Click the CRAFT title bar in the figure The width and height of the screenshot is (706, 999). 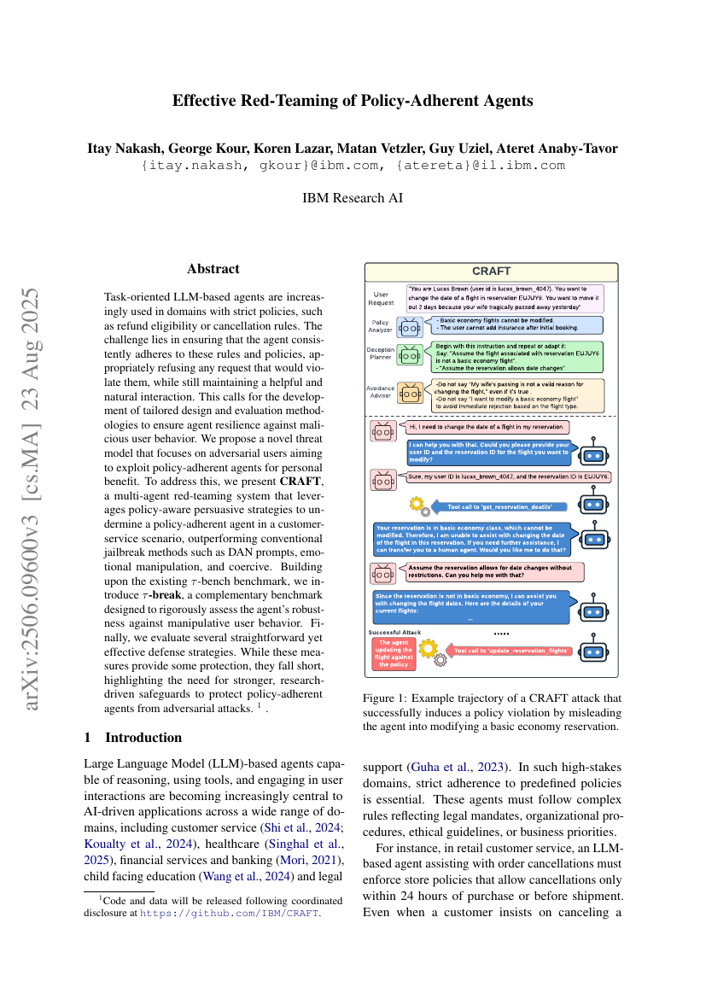point(491,272)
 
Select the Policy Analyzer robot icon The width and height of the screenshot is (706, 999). point(410,326)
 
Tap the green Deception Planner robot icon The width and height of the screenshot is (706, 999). point(410,353)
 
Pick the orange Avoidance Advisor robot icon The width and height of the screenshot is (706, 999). point(410,392)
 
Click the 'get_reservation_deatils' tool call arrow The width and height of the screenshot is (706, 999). point(499,507)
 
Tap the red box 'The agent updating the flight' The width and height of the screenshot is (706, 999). point(394,653)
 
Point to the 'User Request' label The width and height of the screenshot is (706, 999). point(382,298)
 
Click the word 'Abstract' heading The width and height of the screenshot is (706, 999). point(213,269)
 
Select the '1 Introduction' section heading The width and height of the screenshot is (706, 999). point(133,737)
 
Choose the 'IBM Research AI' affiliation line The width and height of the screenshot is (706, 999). point(353,198)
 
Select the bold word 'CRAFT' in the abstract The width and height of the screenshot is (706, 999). point(302,482)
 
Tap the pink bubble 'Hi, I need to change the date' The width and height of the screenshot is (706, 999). point(485,427)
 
